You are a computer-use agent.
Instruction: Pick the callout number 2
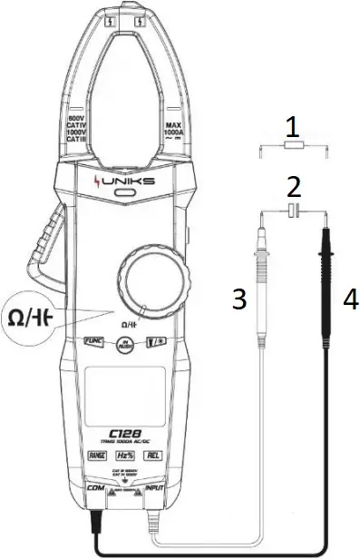coord(292,188)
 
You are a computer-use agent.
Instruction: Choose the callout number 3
coord(239,299)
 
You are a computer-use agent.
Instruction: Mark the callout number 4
coord(348,297)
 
